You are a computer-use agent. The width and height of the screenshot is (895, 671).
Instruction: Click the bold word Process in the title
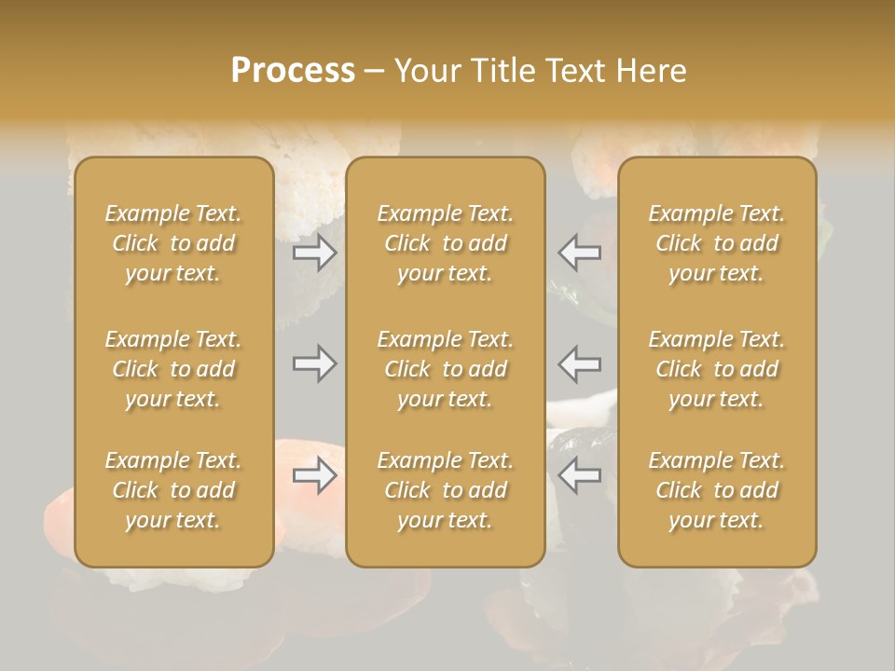coord(293,71)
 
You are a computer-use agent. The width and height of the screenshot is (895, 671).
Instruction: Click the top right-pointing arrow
coord(315,252)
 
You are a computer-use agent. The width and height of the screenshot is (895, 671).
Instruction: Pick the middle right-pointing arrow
coord(315,363)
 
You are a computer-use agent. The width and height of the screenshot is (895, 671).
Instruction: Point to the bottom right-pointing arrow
coord(315,475)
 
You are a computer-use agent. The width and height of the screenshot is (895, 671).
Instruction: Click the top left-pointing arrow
coord(579,252)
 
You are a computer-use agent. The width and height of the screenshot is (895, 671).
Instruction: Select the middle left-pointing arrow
coord(579,363)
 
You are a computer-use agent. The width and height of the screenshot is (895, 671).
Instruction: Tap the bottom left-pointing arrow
coord(579,475)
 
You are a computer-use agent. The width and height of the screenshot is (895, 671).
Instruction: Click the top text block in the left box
coord(173,243)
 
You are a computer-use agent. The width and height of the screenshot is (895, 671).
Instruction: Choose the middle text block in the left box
coord(173,369)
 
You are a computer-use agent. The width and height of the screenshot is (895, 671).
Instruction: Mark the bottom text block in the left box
coord(173,490)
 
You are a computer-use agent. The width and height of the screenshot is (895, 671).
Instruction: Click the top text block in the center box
coord(445,243)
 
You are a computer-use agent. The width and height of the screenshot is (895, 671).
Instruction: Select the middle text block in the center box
coord(445,369)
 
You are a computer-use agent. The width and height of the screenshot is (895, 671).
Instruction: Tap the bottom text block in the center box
coord(445,490)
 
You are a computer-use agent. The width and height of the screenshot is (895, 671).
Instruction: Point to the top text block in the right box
coord(716,243)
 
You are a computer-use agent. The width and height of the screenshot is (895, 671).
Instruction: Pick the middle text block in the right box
coord(716,369)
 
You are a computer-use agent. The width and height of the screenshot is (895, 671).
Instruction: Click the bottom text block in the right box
coord(716,490)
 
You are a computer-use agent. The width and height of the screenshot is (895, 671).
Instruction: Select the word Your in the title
coord(424,71)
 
